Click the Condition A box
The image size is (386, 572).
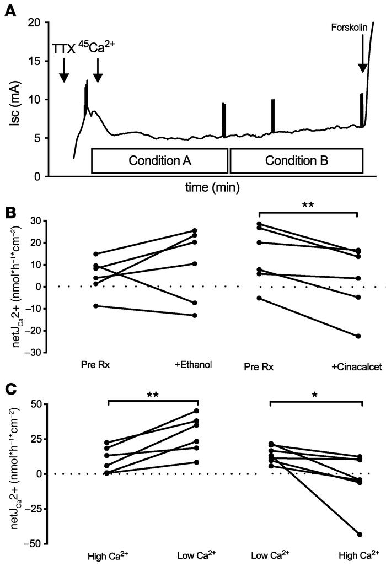tap(159, 160)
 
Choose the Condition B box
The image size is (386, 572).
tap(296, 160)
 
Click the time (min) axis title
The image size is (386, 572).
tap(212, 188)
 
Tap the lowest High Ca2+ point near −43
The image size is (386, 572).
tap(360, 535)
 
